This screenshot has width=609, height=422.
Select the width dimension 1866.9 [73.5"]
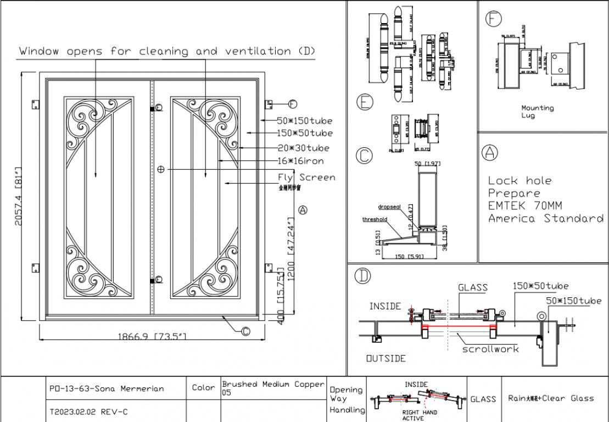[x=153, y=336]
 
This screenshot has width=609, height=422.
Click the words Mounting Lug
[x=537, y=112]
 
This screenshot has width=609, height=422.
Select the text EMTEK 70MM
[x=525, y=206]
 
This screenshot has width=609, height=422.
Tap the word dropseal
[x=389, y=207]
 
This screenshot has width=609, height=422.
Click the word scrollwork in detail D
[x=490, y=349]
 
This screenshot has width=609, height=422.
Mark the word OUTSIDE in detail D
[x=386, y=358]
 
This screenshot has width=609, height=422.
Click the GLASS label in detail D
[x=472, y=287]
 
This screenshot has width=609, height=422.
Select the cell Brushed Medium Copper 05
[x=272, y=388]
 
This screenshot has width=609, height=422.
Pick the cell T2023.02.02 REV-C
[x=88, y=411]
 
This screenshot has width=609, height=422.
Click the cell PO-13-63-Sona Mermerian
[x=106, y=388]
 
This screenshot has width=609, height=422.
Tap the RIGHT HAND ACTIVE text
[x=419, y=415]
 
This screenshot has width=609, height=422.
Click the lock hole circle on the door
[x=160, y=170]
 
